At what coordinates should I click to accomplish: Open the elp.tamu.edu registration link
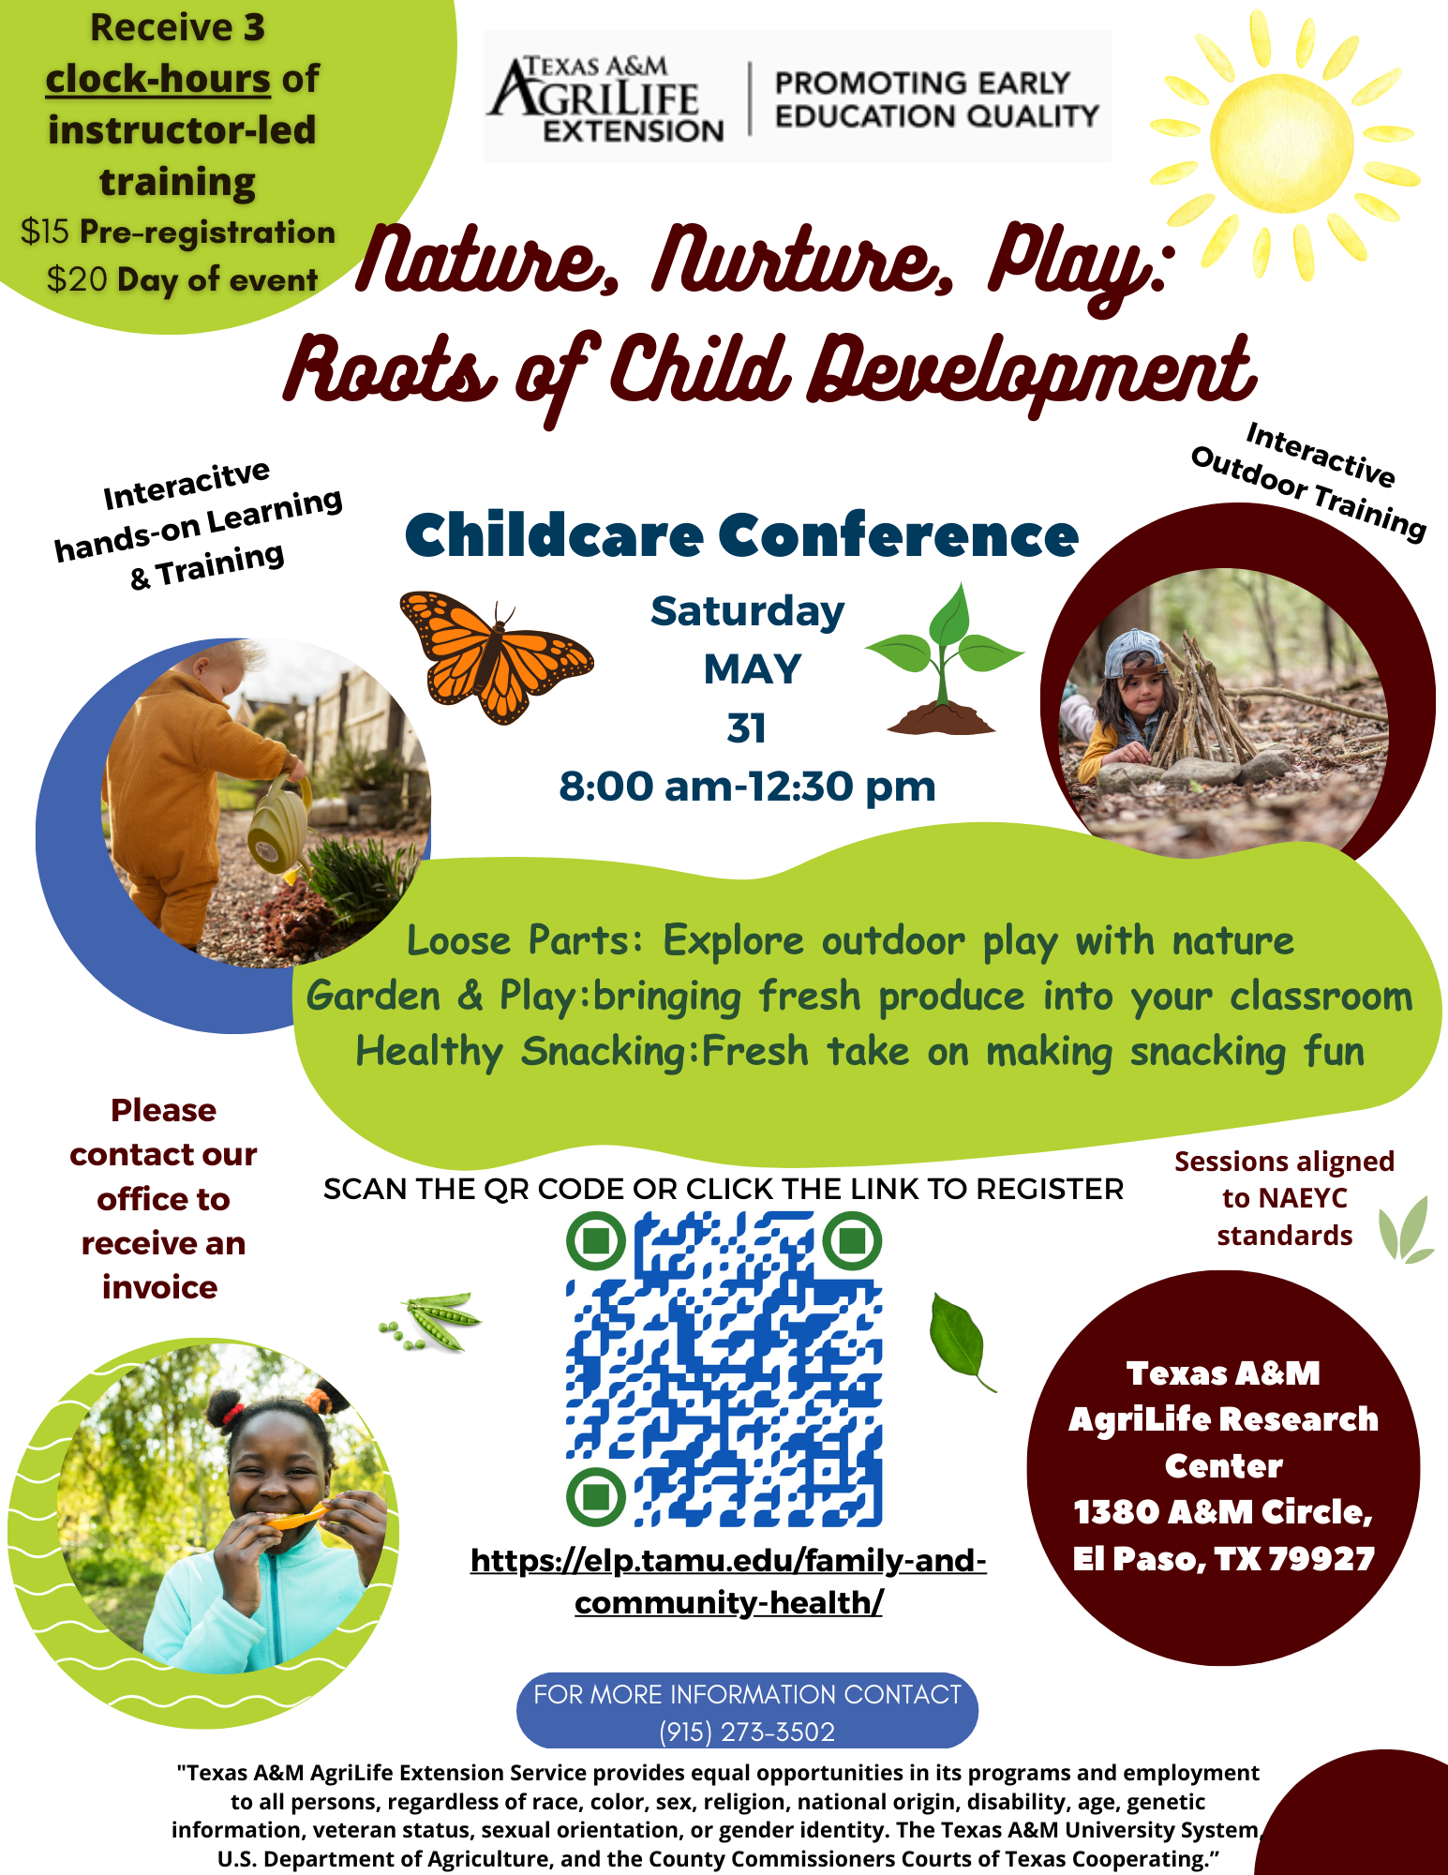tap(728, 1582)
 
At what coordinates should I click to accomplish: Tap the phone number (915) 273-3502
tap(747, 1732)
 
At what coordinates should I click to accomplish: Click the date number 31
tap(746, 728)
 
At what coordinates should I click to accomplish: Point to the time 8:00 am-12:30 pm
tap(747, 787)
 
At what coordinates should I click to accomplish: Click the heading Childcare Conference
tap(741, 535)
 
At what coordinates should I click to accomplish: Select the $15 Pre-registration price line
tap(178, 232)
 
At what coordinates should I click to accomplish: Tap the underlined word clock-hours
tap(158, 79)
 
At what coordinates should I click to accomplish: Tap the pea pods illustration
tap(431, 1319)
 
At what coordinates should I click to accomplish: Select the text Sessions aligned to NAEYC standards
tap(1284, 1198)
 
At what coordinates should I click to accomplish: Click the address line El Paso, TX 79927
tap(1223, 1559)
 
